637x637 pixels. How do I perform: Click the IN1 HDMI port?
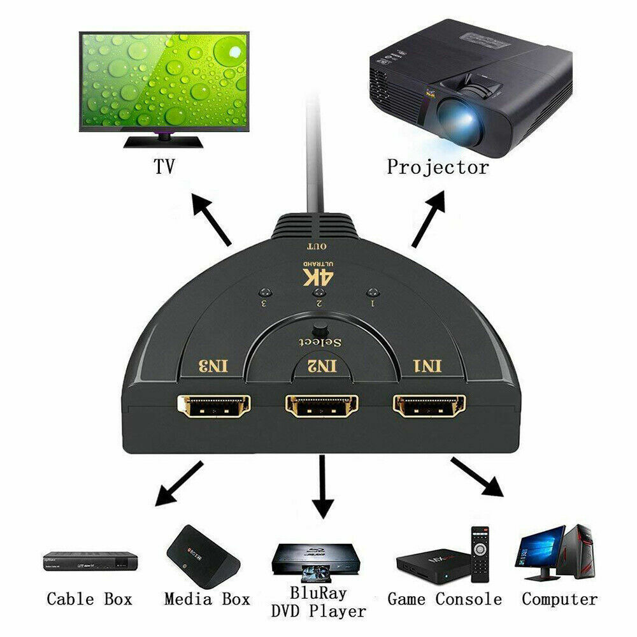[x=429, y=406]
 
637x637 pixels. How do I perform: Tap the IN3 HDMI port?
[x=214, y=406]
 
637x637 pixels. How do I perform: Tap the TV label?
[x=164, y=167]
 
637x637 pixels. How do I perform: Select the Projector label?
[x=438, y=168]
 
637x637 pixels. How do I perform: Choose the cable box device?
[x=90, y=561]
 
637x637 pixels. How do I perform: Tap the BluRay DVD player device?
[x=313, y=559]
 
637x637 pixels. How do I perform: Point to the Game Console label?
[x=445, y=599]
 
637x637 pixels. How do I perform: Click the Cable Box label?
[x=89, y=599]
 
